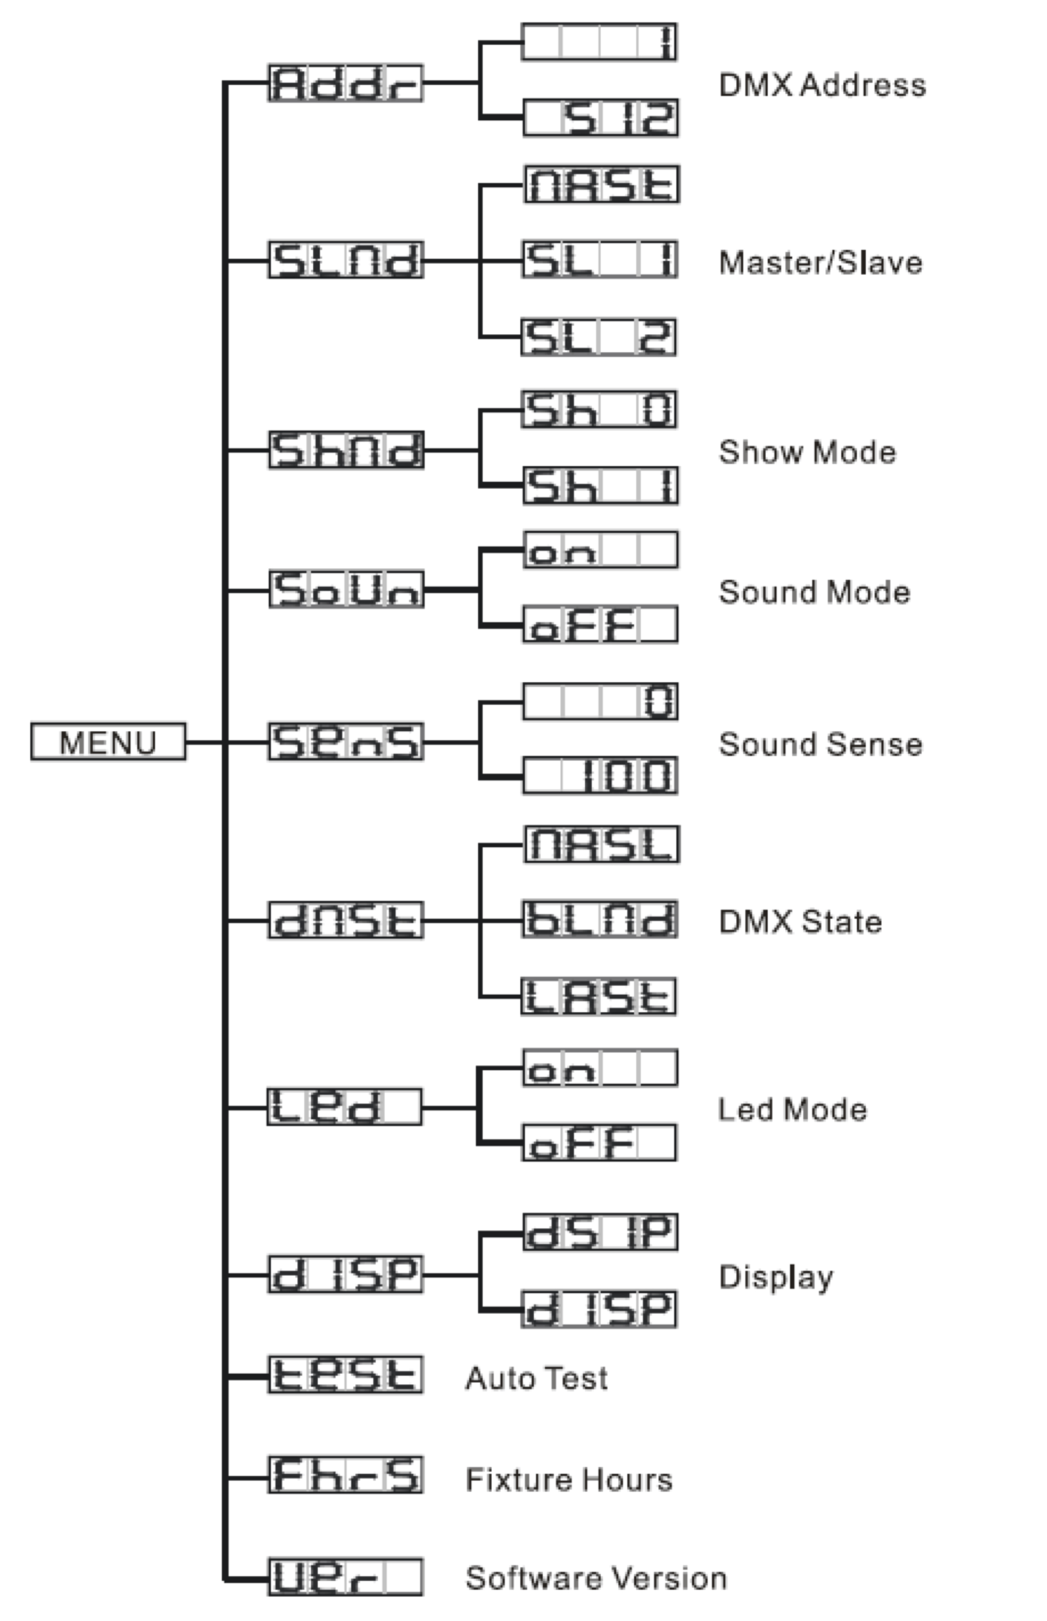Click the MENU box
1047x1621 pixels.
(x=108, y=741)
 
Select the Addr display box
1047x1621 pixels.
(x=345, y=83)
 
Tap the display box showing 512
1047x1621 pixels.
(x=600, y=118)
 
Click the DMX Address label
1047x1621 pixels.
(x=822, y=85)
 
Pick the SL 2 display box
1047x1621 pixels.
(x=599, y=337)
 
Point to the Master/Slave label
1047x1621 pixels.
(x=821, y=263)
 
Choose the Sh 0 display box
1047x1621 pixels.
(x=599, y=409)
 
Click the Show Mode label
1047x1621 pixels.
(x=807, y=452)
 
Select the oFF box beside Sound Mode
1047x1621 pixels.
(x=600, y=624)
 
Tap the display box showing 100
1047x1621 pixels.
(x=600, y=775)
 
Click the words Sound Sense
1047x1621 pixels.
(x=821, y=744)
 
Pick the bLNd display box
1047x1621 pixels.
(x=600, y=920)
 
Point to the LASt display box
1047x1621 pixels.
(x=599, y=997)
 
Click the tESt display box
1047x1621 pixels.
(x=345, y=1375)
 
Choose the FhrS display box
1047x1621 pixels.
(x=345, y=1475)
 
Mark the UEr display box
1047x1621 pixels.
(x=345, y=1577)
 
